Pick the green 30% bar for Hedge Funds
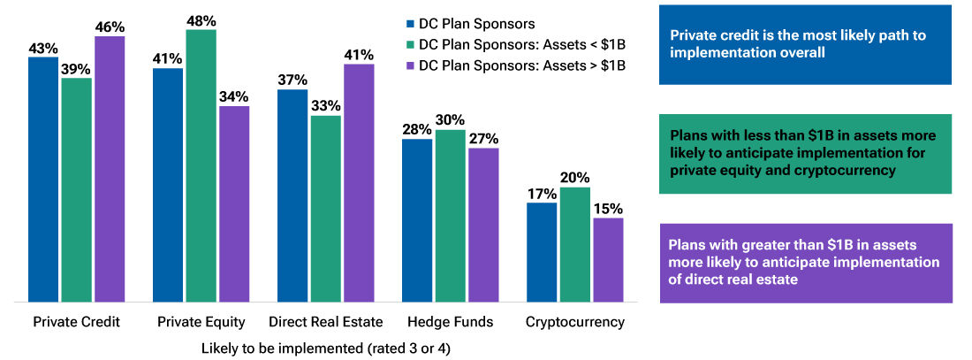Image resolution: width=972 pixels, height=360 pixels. click(451, 217)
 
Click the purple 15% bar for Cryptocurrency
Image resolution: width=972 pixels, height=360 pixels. click(608, 261)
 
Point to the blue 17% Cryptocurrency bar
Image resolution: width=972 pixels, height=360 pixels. click(542, 253)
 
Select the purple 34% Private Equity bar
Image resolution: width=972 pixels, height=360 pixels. click(234, 204)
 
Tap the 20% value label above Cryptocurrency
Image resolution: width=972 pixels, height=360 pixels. click(575, 177)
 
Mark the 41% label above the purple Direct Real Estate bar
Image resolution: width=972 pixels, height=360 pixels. click(359, 54)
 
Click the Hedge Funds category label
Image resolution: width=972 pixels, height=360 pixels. click(450, 321)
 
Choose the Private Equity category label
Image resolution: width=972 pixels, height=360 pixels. click(201, 321)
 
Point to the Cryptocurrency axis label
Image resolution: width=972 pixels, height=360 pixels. click(575, 321)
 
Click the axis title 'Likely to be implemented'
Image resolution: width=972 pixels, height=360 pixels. click(326, 348)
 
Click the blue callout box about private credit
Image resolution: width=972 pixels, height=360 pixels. click(805, 44)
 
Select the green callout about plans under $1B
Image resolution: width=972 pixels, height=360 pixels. click(805, 153)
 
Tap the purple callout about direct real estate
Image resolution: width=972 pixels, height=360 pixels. click(805, 263)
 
